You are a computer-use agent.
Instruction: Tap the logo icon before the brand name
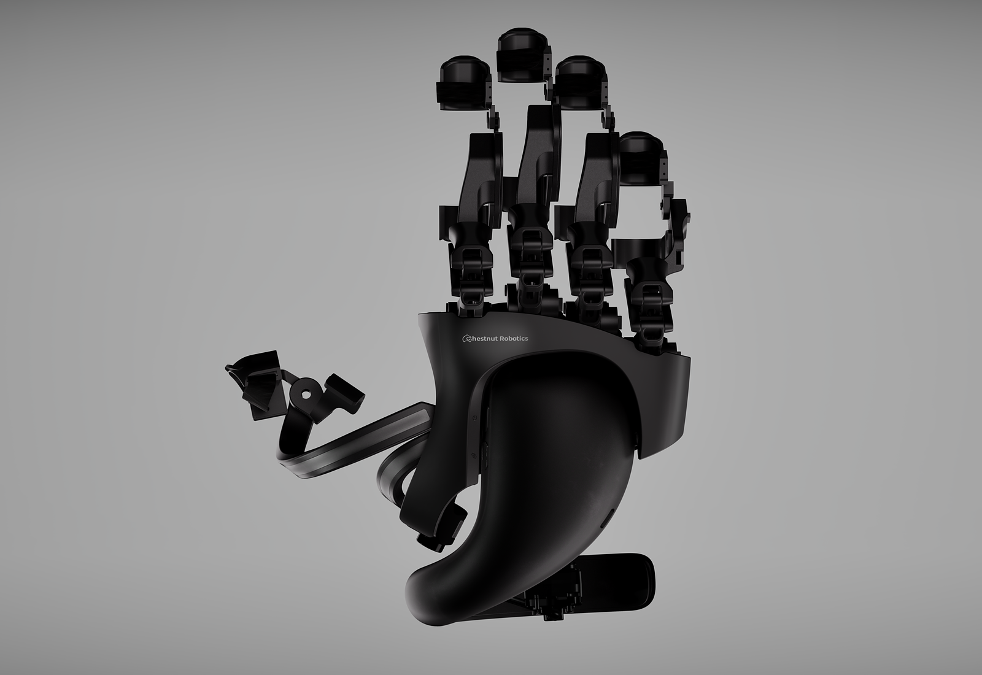click(467, 339)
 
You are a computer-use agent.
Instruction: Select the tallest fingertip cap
click(522, 55)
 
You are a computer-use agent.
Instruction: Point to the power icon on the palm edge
click(475, 419)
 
